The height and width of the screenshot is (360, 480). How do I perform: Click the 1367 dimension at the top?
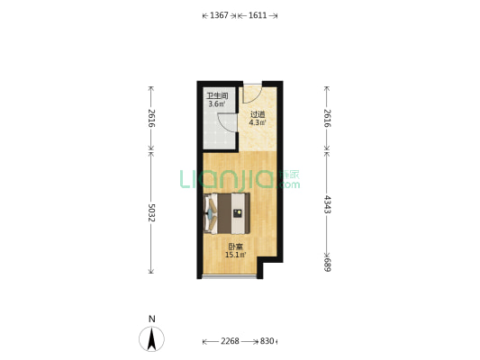click(x=219, y=15)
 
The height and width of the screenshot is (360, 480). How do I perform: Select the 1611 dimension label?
click(x=258, y=15)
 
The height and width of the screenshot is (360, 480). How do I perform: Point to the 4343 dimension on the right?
click(x=327, y=204)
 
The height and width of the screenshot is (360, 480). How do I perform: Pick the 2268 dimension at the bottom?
click(x=230, y=341)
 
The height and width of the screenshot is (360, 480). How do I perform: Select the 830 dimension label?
click(x=267, y=341)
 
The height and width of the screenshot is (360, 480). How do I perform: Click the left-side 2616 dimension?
click(x=151, y=118)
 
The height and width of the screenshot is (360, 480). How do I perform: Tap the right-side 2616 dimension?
click(x=327, y=118)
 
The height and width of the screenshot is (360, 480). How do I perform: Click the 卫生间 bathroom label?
click(x=217, y=95)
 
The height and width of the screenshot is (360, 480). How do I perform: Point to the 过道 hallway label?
click(x=258, y=114)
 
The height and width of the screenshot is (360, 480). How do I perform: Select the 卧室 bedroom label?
click(x=235, y=247)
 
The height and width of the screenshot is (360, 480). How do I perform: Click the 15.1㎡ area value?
click(x=235, y=255)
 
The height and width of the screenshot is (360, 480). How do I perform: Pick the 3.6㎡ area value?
click(x=217, y=104)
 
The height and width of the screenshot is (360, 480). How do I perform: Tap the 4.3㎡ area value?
click(x=258, y=122)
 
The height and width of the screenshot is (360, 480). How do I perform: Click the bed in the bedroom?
click(x=227, y=213)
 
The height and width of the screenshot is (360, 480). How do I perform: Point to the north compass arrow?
click(x=151, y=339)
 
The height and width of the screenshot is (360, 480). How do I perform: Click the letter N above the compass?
click(x=152, y=319)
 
